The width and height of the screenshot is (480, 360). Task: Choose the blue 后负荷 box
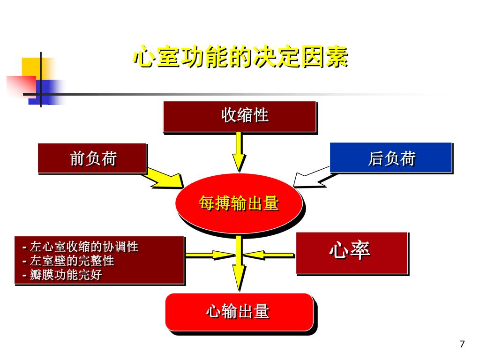pyautogui.click(x=391, y=158)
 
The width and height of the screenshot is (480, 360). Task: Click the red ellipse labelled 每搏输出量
pyautogui.click(x=239, y=203)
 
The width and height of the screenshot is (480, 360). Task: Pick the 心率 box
pyautogui.click(x=352, y=253)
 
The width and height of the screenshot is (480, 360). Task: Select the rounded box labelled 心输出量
pyautogui.click(x=239, y=312)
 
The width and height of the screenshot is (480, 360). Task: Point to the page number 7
pyautogui.click(x=462, y=345)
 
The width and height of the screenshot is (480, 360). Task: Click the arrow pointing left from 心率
pyautogui.click(x=269, y=255)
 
